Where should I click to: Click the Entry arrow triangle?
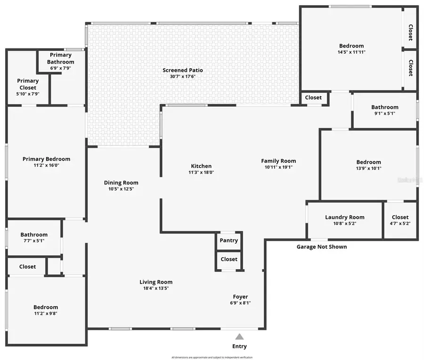pos(239,336)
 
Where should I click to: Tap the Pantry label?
pos(229,240)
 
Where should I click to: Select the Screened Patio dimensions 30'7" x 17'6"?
pos(183,77)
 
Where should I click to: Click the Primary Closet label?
pos(28,84)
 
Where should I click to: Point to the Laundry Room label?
pos(345,217)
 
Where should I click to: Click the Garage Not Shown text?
pos(321,247)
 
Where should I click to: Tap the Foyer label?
pos(240,296)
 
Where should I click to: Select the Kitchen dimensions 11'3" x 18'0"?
pos(201,172)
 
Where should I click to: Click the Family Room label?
pos(278,161)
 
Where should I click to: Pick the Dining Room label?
pos(121,183)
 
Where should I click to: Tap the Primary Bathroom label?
pos(60,58)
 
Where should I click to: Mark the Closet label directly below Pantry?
pos(229,259)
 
